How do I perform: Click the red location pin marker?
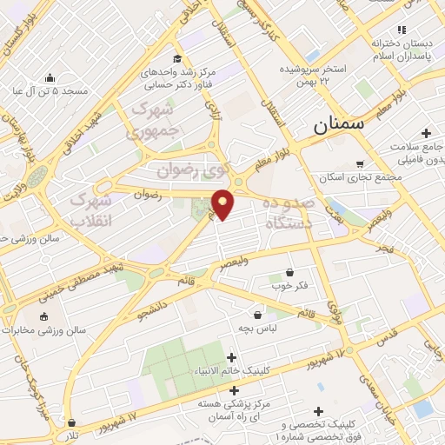[x=222, y=204]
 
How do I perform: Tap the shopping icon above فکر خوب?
[x=289, y=271]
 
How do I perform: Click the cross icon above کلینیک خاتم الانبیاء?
[x=231, y=357]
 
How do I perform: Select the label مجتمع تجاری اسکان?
[x=360, y=178]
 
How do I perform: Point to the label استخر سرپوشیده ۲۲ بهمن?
[x=313, y=75]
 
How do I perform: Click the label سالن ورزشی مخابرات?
[x=44, y=330]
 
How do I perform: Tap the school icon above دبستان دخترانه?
[x=400, y=29]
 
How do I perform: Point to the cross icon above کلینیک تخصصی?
[x=318, y=411]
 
